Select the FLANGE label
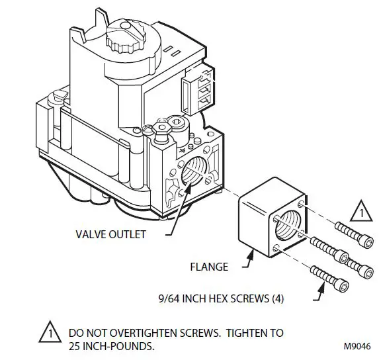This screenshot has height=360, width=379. pyautogui.click(x=208, y=267)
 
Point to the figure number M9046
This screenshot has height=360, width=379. pyautogui.click(x=357, y=345)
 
